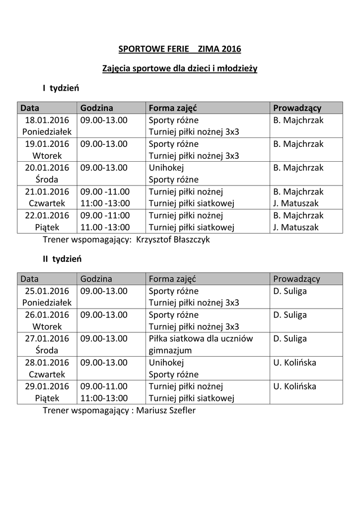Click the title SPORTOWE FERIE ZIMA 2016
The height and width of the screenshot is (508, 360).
click(179, 49)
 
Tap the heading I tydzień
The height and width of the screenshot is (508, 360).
click(61, 88)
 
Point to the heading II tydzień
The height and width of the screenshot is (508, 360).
click(62, 259)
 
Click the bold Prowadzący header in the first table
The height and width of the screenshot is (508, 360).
click(297, 108)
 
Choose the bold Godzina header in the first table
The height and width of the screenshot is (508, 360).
click(96, 108)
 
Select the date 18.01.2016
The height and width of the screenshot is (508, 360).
click(47, 120)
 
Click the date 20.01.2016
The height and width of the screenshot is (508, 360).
click(47, 168)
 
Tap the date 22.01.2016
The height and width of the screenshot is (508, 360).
click(47, 215)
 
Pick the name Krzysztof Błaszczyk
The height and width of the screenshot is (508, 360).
click(176, 239)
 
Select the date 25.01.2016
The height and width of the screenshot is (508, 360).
click(47, 291)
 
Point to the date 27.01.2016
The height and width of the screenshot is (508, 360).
click(47, 338)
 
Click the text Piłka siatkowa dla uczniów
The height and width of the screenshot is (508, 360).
click(201, 338)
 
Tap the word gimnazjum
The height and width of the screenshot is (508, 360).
click(170, 350)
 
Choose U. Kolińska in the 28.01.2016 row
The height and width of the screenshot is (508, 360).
click(294, 362)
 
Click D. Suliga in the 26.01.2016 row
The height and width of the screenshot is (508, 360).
click(290, 315)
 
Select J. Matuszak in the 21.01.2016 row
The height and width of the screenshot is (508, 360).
click(296, 203)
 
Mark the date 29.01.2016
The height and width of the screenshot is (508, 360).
click(47, 386)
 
